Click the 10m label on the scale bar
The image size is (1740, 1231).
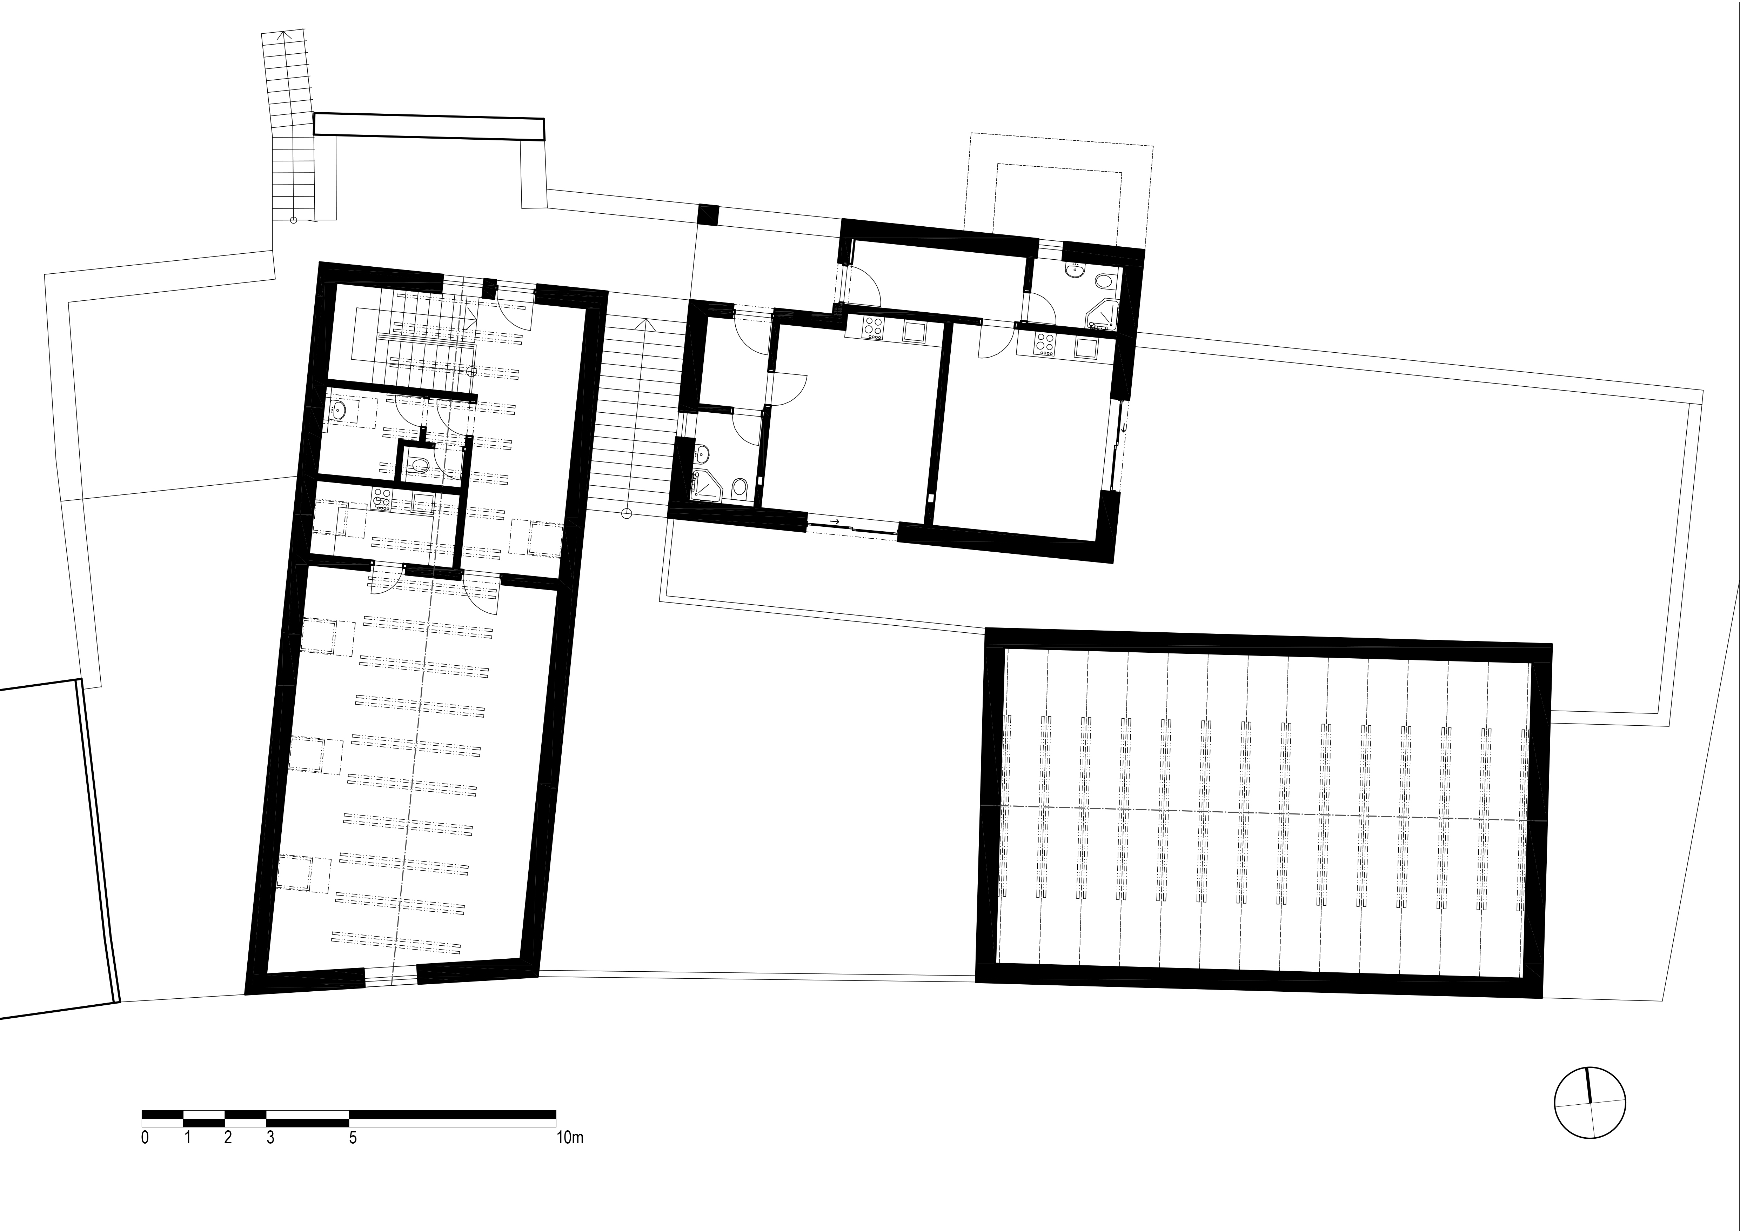click(570, 1138)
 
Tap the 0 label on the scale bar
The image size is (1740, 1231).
click(145, 1138)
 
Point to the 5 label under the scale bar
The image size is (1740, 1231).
click(353, 1138)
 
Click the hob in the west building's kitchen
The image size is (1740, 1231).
click(381, 498)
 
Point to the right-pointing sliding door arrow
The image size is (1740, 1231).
click(834, 521)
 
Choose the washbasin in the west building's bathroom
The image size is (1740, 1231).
click(338, 411)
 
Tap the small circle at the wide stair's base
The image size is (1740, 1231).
click(626, 514)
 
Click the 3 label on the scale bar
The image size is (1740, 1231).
click(270, 1138)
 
